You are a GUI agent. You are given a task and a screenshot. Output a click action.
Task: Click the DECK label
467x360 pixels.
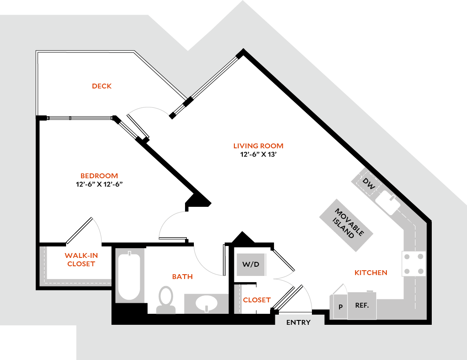101,86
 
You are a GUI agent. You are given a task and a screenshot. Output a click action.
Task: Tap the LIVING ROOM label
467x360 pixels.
258,146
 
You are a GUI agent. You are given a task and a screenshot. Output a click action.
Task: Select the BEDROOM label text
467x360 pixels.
99,176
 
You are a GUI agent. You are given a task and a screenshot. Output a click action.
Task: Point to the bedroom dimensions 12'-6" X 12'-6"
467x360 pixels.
99,184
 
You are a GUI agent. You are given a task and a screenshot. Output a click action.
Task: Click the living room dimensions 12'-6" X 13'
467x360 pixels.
258,154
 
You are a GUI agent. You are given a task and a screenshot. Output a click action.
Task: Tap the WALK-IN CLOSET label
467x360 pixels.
81,260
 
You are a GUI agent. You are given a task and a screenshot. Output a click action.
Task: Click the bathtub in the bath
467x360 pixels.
129,276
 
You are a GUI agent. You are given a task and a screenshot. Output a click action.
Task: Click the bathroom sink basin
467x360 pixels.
206,303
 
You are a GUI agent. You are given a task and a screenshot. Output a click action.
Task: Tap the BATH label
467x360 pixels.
182,277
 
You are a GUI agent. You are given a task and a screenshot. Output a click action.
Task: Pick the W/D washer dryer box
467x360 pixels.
251,265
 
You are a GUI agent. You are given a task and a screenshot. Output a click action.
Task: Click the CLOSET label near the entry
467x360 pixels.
256,300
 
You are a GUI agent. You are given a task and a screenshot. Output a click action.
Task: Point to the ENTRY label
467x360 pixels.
298,323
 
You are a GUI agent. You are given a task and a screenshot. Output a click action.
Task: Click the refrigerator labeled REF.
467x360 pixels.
362,305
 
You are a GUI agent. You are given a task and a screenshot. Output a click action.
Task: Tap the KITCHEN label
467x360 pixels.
371,273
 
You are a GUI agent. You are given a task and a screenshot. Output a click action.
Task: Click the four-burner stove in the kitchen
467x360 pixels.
414,263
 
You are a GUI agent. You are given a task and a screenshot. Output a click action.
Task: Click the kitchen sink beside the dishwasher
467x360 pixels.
389,202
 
